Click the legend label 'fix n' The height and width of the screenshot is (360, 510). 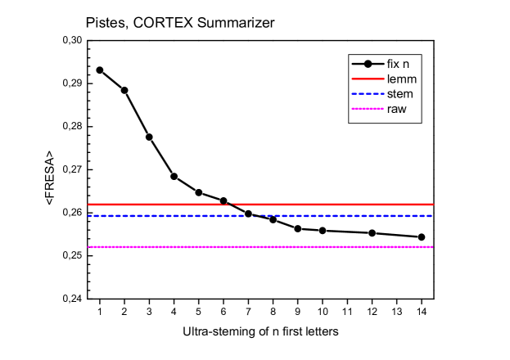pyautogui.click(x=399, y=64)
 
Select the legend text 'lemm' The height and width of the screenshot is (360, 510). pyautogui.click(x=402, y=79)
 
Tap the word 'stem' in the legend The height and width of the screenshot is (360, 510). pyautogui.click(x=400, y=94)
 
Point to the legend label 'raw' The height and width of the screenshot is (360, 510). pyautogui.click(x=397, y=109)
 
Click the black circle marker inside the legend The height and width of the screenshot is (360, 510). pyautogui.click(x=368, y=64)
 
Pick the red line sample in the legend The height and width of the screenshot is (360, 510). pyautogui.click(x=368, y=79)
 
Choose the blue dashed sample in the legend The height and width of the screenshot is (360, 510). pyautogui.click(x=368, y=94)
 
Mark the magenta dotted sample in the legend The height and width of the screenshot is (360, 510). pyautogui.click(x=368, y=109)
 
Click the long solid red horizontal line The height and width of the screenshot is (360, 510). pyautogui.click(x=327, y=205)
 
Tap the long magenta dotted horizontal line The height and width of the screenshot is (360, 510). pyautogui.click(x=327, y=246)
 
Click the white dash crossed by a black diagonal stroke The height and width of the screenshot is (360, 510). pyautogui.click(x=129, y=101)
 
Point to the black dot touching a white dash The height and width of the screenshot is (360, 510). pyautogui.click(x=149, y=137)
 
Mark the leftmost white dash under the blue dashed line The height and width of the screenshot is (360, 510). pyautogui.click(x=129, y=217)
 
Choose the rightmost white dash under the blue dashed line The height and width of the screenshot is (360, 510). pyautogui.click(x=379, y=217)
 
